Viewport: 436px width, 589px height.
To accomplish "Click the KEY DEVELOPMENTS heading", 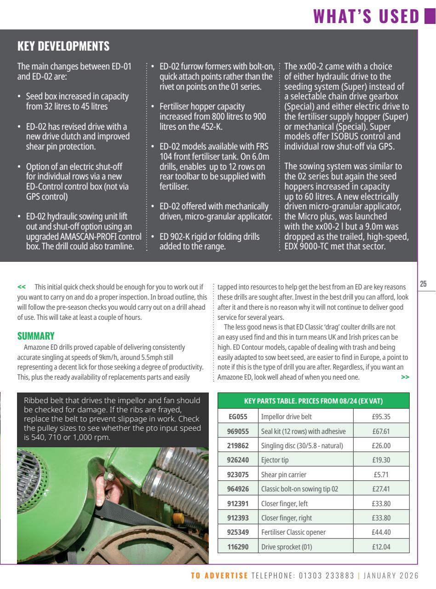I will (63, 46).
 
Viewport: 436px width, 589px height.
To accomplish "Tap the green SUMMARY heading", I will (36, 336).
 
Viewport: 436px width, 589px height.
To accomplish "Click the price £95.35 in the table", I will (381, 417).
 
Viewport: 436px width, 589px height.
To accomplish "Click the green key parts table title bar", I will (313, 401).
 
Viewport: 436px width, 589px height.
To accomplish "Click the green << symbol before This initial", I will (22, 286).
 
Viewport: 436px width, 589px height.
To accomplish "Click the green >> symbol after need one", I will (405, 377).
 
